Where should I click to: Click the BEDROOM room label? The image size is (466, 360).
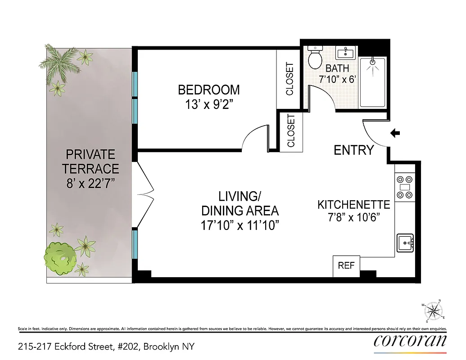[208, 90]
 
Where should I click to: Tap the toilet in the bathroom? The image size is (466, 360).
[315, 57]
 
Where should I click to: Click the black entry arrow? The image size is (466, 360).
[395, 133]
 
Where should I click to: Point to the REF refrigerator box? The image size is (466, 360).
[346, 265]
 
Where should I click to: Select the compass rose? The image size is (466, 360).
[433, 310]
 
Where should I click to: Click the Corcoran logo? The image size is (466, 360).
[410, 341]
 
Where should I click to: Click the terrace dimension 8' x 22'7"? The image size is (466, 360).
[90, 184]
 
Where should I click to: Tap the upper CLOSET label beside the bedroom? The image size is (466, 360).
[289, 79]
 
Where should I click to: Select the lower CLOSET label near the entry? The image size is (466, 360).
[291, 130]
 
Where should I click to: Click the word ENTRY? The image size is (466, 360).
[354, 150]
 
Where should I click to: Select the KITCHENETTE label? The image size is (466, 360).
[353, 205]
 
